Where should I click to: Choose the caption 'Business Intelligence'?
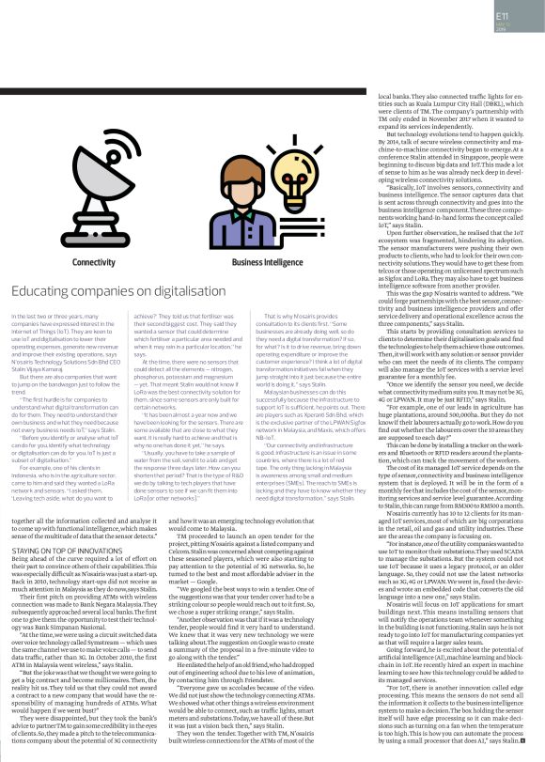click(x=266, y=263)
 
